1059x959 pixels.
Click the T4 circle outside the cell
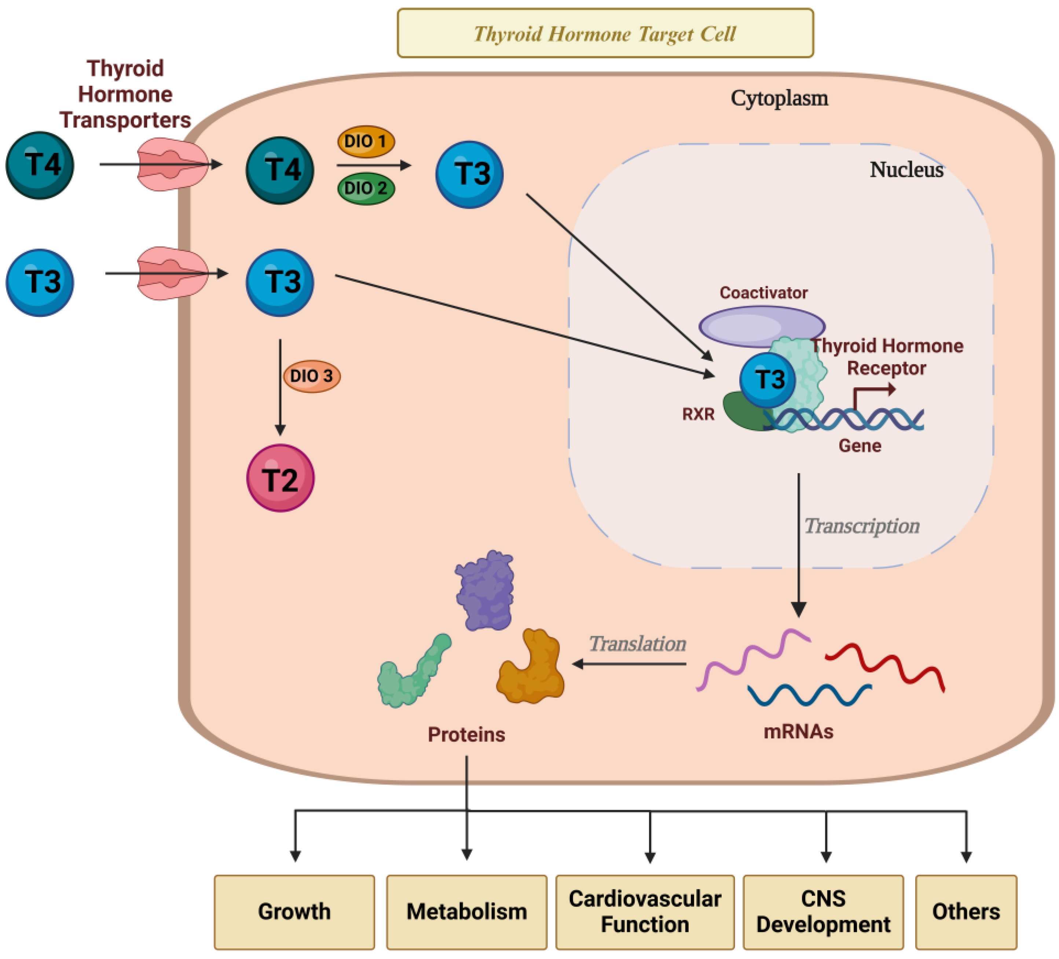[40, 165]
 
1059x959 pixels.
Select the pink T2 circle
[281, 479]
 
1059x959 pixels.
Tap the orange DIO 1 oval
[366, 141]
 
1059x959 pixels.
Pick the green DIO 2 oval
[366, 188]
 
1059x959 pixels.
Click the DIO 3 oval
[312, 376]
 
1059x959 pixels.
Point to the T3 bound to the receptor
[767, 380]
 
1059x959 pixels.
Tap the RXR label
[699, 414]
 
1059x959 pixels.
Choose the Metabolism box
[466, 912]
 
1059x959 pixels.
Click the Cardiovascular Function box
[645, 912]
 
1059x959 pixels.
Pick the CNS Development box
[823, 912]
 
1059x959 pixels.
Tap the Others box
[966, 912]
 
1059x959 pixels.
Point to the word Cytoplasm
[780, 98]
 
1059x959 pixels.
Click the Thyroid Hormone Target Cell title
[605, 34]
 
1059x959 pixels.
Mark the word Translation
[637, 644]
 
